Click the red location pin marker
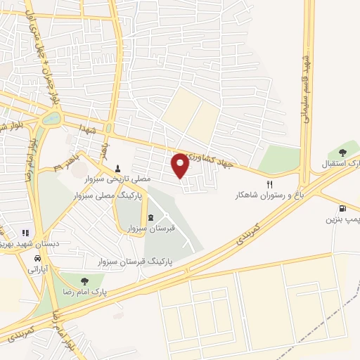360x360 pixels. [181, 165]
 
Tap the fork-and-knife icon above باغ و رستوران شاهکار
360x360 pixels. [269, 184]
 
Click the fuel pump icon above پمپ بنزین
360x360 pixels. [342, 208]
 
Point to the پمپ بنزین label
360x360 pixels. [341, 219]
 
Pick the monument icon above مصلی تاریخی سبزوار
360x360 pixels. [117, 168]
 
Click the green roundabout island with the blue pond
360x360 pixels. [51, 119]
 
